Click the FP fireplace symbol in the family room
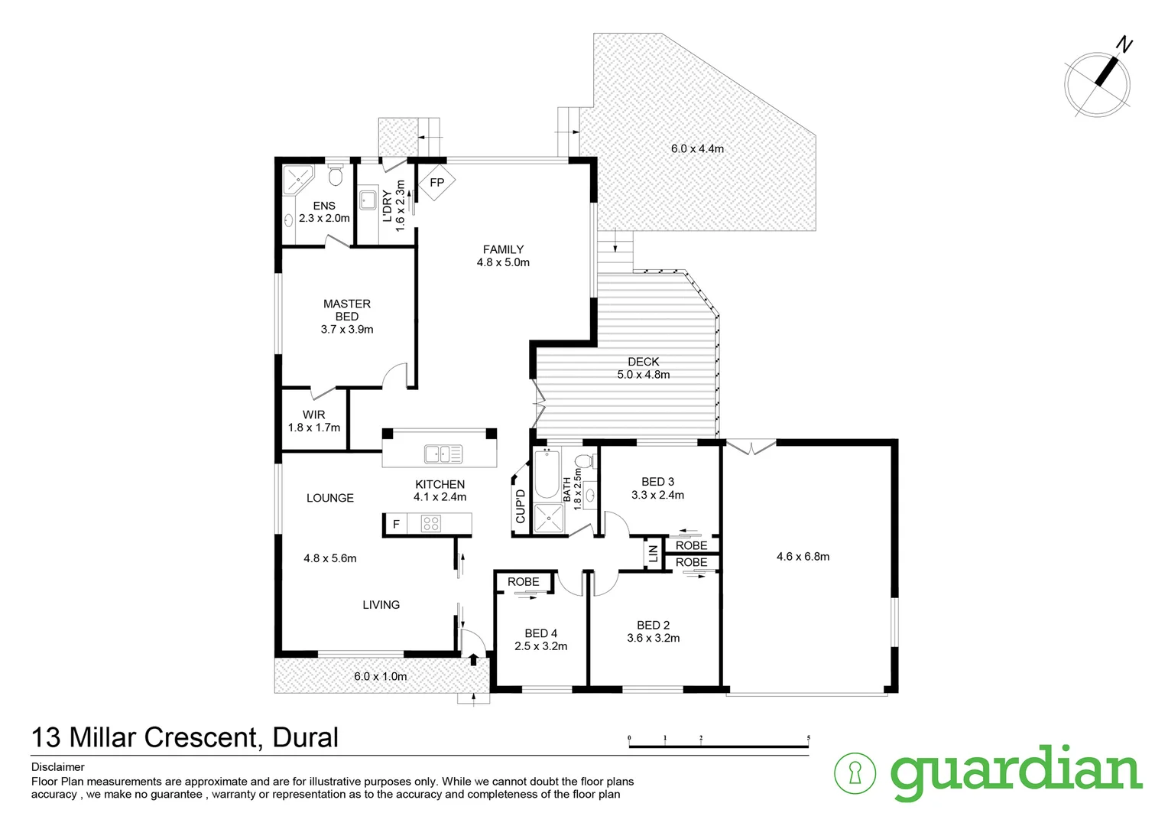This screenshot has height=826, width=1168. [436, 183]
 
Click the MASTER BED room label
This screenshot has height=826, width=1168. [347, 311]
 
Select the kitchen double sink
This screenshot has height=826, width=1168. [443, 454]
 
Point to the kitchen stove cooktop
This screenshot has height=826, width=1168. [431, 524]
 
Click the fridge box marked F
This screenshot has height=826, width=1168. [396, 525]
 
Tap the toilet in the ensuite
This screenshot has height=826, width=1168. [335, 177]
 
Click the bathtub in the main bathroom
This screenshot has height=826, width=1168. [547, 473]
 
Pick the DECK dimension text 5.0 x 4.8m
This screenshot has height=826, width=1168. [643, 375]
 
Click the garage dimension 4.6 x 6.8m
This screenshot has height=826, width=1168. [803, 557]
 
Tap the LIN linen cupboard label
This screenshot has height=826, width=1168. [653, 554]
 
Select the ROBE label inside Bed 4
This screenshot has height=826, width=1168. [524, 582]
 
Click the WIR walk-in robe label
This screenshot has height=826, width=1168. [313, 415]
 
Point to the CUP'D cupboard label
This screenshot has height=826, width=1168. [521, 506]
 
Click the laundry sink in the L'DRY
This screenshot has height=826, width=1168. [368, 200]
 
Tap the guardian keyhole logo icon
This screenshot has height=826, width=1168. [854, 772]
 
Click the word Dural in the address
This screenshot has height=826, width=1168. [305, 737]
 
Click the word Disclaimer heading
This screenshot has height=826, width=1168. [58, 767]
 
